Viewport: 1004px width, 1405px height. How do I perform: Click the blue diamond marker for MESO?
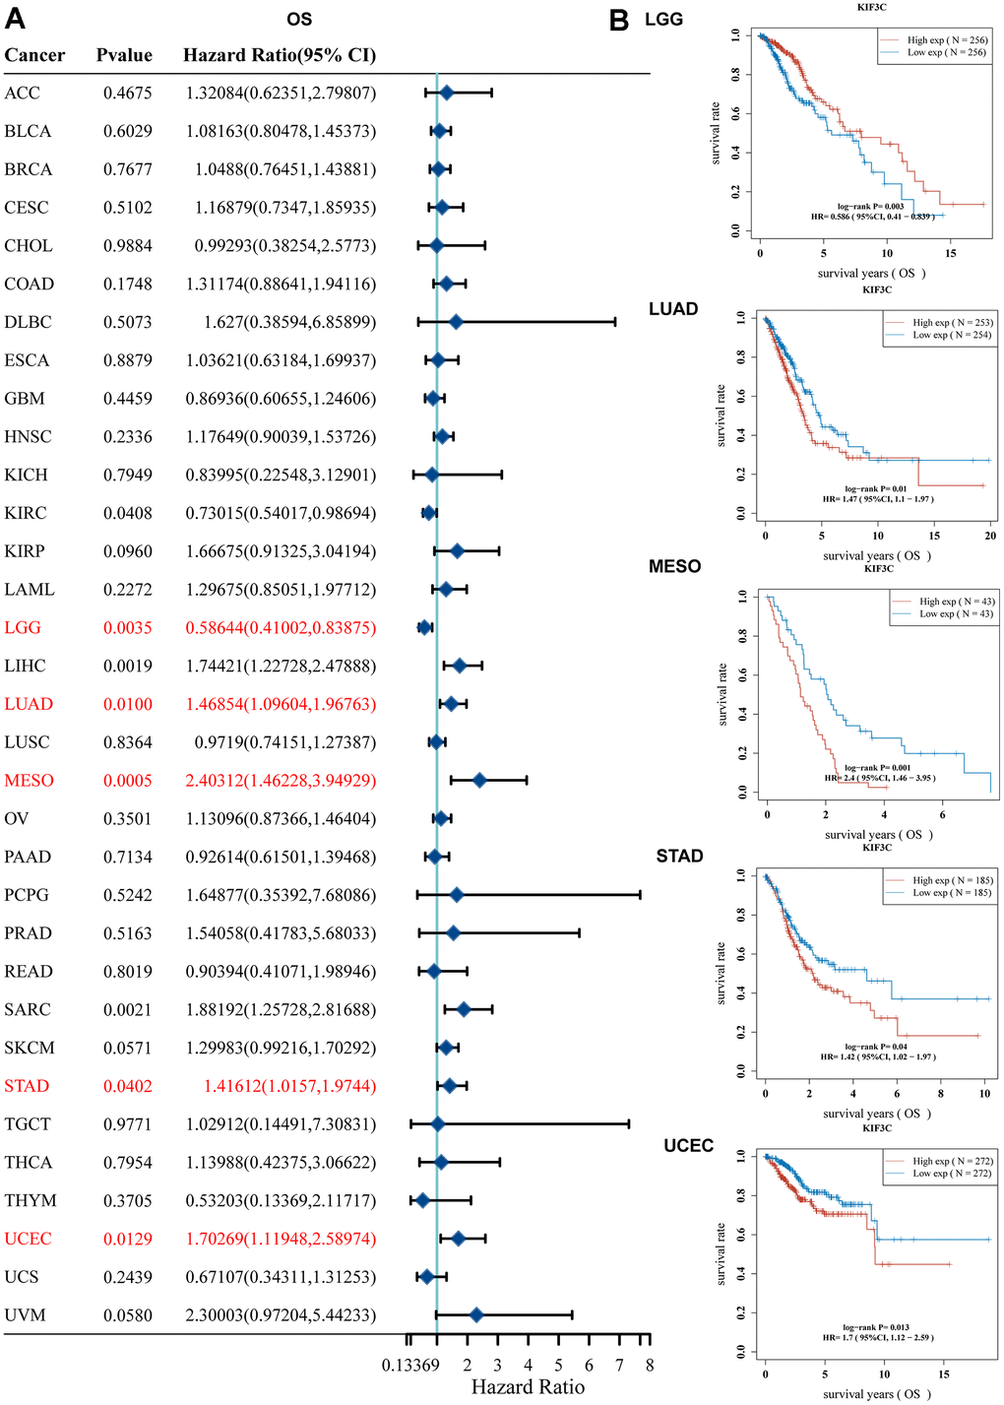tap(479, 781)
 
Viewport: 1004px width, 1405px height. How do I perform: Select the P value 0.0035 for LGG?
tap(128, 628)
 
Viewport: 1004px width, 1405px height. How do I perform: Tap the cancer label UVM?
tap(25, 1315)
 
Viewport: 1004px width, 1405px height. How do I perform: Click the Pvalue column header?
tap(124, 55)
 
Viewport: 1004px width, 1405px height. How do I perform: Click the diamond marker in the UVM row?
tap(476, 1315)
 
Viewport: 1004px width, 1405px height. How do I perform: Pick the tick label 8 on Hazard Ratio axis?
tap(650, 1365)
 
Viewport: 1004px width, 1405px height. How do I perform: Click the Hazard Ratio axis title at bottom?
tap(528, 1387)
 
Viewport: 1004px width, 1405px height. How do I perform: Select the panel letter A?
tap(15, 19)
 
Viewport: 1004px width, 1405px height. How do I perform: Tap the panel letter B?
tap(619, 21)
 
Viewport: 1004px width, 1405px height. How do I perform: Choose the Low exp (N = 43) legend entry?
tap(955, 614)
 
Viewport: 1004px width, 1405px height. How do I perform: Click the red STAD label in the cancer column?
tap(27, 1086)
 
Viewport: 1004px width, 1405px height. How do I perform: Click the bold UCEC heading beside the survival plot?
tap(688, 1146)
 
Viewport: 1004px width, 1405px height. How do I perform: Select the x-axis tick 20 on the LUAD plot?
tap(990, 536)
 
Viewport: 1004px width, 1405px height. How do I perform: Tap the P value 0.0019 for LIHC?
tap(128, 667)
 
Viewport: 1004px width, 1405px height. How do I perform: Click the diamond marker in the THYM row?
tap(422, 1200)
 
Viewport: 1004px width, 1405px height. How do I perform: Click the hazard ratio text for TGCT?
tap(281, 1124)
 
